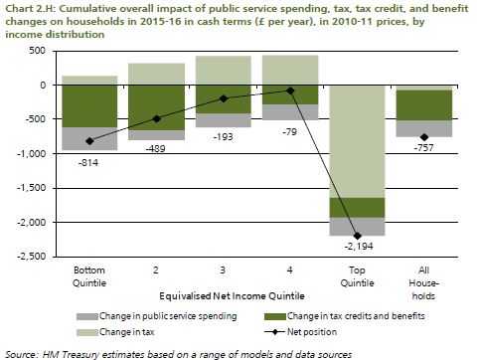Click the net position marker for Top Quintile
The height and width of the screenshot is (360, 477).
(x=358, y=235)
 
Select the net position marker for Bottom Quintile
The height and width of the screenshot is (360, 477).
(x=89, y=141)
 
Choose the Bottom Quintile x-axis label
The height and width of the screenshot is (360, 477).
(x=89, y=274)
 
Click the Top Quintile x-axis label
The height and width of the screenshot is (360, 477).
(x=358, y=274)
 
